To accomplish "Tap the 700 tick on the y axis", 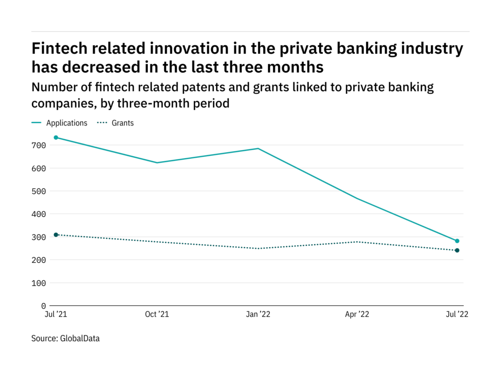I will point(39,146).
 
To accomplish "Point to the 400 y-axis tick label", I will point(39,214).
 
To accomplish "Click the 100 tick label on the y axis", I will point(39,283).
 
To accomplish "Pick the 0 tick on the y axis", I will point(43,306).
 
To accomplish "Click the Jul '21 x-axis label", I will point(56,315).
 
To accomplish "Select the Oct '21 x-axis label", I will point(157,315).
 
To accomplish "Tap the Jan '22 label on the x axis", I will point(258,315).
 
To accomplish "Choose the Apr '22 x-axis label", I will point(357,315).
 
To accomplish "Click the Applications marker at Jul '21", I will point(56,138).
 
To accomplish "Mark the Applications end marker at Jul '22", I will point(457,241).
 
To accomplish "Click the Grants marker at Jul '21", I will point(56,235).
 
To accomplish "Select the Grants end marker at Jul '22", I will point(457,250).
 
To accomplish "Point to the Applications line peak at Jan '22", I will point(258,148).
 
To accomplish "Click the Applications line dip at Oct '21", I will point(157,163).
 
